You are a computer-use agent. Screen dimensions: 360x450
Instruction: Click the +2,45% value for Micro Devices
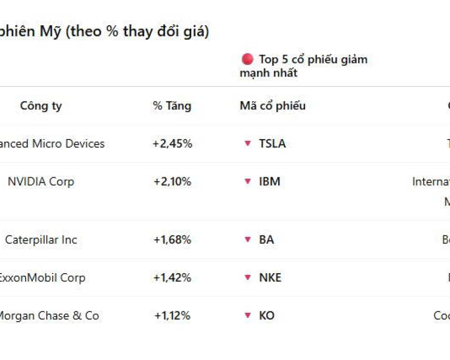pos(172,144)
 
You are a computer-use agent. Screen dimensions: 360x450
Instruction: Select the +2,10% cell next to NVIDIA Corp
pos(172,182)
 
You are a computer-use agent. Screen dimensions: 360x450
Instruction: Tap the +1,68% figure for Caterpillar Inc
pos(172,240)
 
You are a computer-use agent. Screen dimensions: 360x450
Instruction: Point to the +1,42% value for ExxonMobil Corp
pos(172,278)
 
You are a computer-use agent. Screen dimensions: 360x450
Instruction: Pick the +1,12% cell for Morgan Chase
pos(172,316)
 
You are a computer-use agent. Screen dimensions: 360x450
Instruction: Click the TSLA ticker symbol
pos(272,144)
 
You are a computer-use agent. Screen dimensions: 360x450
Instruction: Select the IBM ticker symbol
pos(270,182)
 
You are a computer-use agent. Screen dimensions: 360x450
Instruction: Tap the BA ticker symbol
pos(266,240)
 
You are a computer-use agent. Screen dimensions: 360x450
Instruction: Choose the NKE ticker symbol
pos(270,278)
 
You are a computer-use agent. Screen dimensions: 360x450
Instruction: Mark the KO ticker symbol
pos(266,316)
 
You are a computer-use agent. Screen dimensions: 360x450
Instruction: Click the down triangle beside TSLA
pos(247,144)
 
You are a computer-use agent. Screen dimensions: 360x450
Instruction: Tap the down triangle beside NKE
pos(247,278)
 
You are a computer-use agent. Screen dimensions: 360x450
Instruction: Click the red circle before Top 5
pos(247,59)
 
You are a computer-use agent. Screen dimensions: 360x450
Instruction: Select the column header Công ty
pos(41,106)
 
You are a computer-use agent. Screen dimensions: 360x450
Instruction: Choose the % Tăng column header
pos(172,106)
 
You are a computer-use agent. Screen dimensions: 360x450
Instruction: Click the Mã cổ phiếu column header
pos(272,106)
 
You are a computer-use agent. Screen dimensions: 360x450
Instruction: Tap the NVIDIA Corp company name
pos(41,182)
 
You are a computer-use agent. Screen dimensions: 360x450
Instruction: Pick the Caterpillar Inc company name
pos(41,240)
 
